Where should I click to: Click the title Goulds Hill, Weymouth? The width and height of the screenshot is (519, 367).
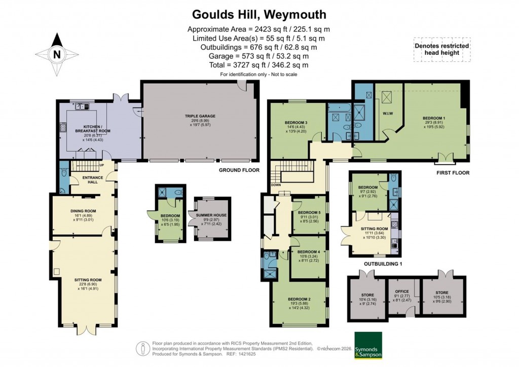259,14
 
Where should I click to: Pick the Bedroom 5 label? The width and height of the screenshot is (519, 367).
309,212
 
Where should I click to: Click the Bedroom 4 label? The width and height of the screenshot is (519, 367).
308,252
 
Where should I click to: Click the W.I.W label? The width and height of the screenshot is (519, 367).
388,113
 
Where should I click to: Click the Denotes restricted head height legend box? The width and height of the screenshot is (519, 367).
441,49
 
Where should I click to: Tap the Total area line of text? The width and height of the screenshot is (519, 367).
259,65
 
